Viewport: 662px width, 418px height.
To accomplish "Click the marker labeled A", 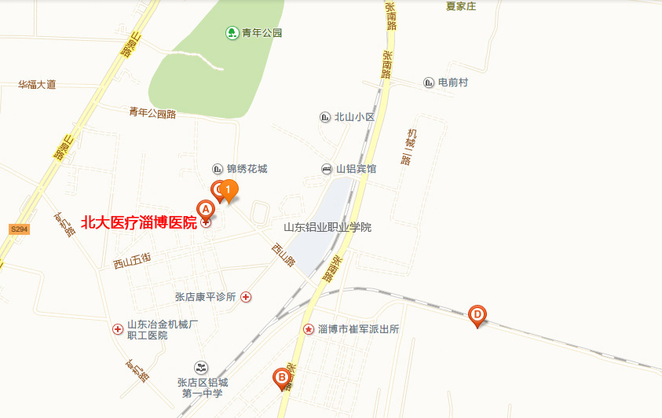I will point(205,210).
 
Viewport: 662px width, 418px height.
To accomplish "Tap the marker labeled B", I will point(280,378).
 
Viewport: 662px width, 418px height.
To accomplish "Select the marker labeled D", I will point(477,315).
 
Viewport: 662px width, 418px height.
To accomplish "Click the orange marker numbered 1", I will point(228,189).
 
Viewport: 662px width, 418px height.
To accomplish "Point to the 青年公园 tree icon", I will point(232,32).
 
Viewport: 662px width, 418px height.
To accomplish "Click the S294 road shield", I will point(20,229).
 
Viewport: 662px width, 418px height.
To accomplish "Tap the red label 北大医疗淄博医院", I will point(139,223).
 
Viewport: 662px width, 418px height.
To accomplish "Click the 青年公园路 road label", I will point(153,113).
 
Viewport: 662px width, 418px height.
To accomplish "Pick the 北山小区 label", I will point(356,117).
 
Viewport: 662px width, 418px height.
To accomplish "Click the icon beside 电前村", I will point(429,82).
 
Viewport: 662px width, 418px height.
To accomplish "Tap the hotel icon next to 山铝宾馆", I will point(327,169).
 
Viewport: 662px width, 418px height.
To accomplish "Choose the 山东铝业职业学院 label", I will point(327,227).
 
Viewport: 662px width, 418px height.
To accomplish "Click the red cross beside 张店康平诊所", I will point(247,297).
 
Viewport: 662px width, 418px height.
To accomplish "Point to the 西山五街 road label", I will point(132,260).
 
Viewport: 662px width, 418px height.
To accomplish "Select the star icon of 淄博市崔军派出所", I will point(308,329).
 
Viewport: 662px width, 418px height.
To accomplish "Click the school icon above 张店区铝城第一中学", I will point(202,367).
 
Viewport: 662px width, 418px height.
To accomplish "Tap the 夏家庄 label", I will point(461,6).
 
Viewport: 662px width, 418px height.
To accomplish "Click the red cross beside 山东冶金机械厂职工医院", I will point(118,329).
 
